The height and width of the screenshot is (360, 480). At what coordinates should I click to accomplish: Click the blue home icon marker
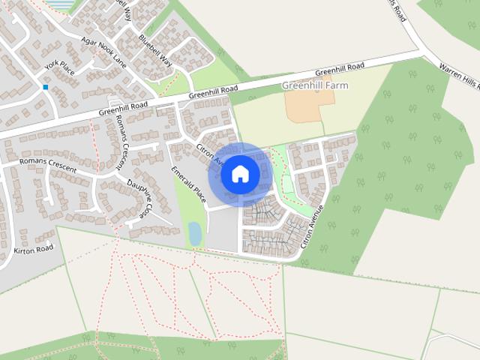point(240,174)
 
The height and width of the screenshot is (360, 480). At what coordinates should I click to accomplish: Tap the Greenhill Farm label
point(315,85)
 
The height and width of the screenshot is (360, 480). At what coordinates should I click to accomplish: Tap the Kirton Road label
point(34,248)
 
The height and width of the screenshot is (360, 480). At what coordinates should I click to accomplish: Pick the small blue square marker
point(46,88)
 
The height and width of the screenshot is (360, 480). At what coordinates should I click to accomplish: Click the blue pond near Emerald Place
point(195,233)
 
